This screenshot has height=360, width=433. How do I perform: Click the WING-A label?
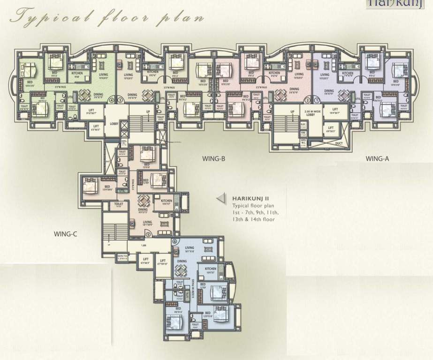pos(377,159)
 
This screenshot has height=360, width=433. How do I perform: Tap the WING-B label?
pos(214,159)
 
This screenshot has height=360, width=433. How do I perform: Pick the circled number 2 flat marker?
pos(307,100)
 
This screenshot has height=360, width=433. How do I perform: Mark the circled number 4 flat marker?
pos(112,100)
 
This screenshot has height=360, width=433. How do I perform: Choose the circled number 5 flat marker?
pos(148,234)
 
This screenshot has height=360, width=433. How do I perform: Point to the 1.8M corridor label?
pos(143,245)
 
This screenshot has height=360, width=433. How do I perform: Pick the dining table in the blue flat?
pos(181,270)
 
